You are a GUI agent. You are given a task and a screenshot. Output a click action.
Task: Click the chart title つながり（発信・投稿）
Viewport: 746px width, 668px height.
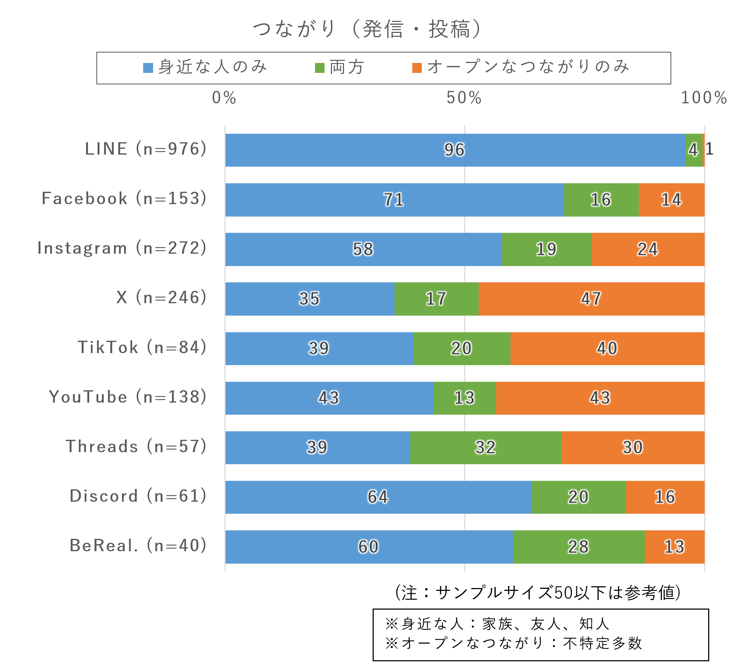367,29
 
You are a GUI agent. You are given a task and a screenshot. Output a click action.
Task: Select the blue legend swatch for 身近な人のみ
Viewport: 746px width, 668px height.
148,68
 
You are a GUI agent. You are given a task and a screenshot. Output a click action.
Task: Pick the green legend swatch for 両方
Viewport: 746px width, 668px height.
320,68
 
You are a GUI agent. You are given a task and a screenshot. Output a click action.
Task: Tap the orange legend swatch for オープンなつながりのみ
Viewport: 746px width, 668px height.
416,68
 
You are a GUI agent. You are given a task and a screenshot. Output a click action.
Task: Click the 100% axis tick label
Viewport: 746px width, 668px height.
704,98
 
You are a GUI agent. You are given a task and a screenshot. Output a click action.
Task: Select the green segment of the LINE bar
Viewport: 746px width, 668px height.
693,150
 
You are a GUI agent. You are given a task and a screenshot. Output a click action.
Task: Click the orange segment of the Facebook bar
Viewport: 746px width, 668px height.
671,200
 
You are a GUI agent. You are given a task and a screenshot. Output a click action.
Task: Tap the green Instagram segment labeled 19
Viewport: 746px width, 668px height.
547,249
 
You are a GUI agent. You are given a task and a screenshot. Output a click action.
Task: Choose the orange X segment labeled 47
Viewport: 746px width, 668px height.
591,299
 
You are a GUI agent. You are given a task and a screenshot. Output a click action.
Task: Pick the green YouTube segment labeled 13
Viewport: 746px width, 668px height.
464,398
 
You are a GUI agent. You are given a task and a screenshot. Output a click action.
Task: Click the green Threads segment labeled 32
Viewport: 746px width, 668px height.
485,448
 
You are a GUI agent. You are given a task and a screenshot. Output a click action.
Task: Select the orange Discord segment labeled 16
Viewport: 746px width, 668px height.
665,497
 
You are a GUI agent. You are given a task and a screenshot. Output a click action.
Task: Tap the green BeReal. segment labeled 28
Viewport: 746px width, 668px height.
578,547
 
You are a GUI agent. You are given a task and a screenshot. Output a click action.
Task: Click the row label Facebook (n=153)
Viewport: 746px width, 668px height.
124,198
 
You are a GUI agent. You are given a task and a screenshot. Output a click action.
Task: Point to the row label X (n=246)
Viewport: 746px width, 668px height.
161,298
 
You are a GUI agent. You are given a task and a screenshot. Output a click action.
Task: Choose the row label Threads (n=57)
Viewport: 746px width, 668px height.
136,446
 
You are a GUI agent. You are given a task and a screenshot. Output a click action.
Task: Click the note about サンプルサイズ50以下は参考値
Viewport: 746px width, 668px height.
537,593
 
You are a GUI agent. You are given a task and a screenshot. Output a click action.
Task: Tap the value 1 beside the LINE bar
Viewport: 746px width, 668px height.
709,149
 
